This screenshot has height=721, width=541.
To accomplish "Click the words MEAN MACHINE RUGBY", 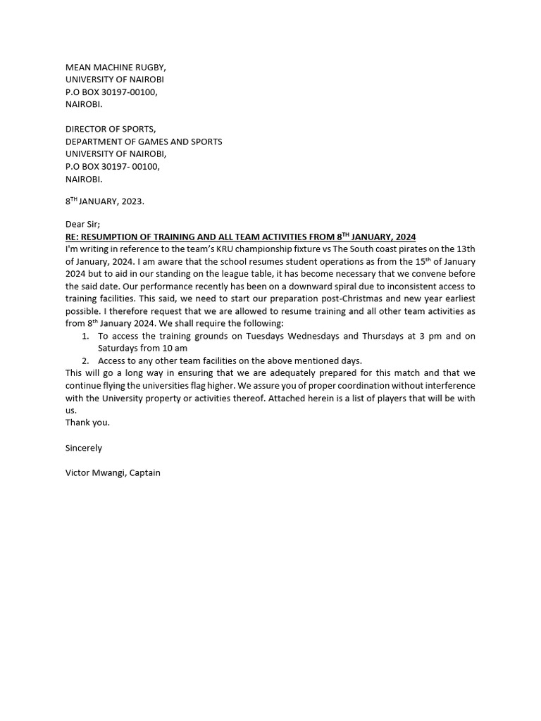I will coord(116,67).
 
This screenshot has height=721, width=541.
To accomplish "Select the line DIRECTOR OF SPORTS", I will coord(111,129).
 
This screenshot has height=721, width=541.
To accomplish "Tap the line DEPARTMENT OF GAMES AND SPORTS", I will coord(144,142).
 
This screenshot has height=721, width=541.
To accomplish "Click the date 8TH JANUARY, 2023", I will coord(104,201).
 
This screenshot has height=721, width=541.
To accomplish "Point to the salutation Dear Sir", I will coord(82,224).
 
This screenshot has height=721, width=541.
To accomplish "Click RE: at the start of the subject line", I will coord(73,237).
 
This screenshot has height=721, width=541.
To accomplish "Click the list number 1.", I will coord(85,336).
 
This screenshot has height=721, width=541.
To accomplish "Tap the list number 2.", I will coord(85,360).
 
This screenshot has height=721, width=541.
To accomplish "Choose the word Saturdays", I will coord(120,348).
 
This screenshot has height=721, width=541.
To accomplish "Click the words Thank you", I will coord(87,422).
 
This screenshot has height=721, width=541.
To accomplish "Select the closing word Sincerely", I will coord(84,448).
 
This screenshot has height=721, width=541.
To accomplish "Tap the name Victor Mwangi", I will coord(94,472).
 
